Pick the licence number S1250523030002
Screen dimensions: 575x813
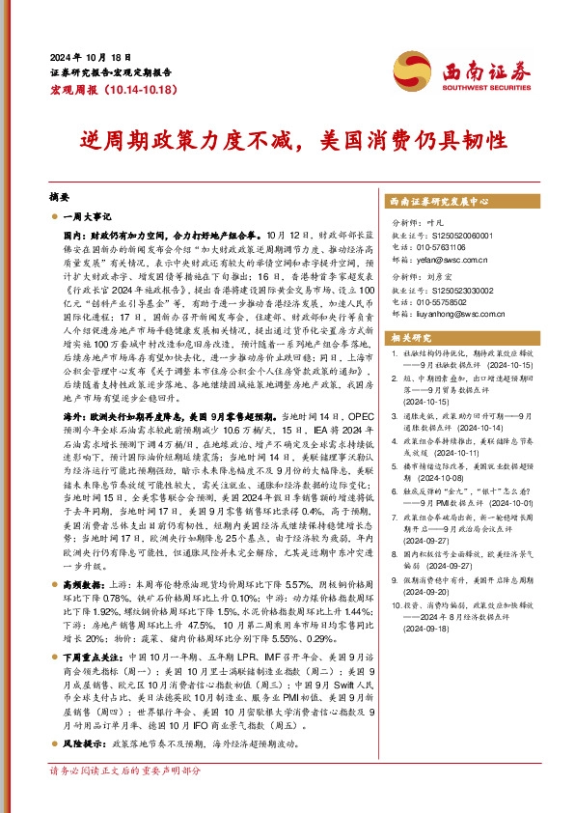pos(441,289)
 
